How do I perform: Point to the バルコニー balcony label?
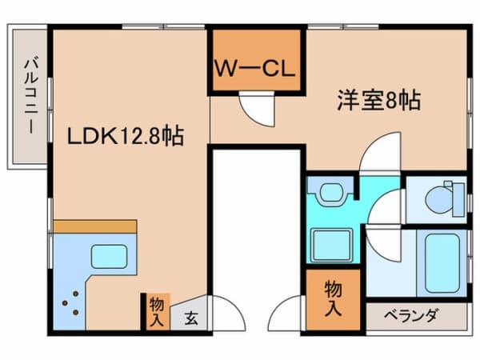pos(30,95)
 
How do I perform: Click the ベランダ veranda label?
pos(415,316)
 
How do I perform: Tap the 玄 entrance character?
pos(191,318)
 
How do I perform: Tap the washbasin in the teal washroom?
pos(329,192)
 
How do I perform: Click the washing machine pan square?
pos(330,244)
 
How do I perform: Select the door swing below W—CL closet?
pos(257,108)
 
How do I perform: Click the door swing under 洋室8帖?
pos(378,154)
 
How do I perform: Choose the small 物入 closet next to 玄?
pos(156,311)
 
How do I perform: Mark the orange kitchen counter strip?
pos(95,227)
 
